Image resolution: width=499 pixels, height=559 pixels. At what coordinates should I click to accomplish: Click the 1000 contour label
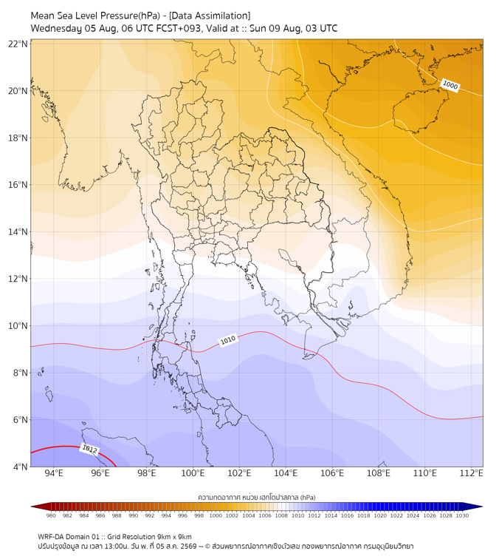click(x=450, y=86)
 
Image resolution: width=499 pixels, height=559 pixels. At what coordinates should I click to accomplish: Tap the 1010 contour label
click(x=228, y=340)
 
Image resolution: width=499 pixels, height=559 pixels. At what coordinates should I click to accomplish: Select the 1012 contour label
click(x=90, y=449)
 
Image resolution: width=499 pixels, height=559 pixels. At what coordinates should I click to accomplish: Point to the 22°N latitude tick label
click(x=18, y=44)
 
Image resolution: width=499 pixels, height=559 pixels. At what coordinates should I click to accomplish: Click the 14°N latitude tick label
click(x=18, y=231)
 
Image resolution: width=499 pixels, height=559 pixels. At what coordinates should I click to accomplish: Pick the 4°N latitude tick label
click(x=20, y=467)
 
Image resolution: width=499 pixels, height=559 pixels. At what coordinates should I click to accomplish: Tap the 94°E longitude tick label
click(x=54, y=473)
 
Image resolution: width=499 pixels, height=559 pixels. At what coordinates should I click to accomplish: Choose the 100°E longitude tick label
click(x=193, y=473)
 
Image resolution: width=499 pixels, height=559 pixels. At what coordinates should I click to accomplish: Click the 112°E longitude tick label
click(x=471, y=473)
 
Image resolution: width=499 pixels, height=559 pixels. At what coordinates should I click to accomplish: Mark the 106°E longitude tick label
click(x=332, y=473)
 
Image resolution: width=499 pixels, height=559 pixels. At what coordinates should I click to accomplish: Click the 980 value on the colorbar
click(x=51, y=515)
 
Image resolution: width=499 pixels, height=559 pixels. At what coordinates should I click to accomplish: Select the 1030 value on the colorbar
click(x=462, y=515)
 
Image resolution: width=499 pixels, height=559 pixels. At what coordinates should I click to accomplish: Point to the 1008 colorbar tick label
click(x=281, y=515)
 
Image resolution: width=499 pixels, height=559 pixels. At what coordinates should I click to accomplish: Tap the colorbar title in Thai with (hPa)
click(x=257, y=497)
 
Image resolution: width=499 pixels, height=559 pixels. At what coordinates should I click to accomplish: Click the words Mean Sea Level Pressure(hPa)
click(x=95, y=16)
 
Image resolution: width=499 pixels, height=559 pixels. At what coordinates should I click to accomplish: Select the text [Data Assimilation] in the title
click(x=210, y=16)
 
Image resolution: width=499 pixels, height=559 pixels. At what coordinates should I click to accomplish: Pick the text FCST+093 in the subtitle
click(x=179, y=29)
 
